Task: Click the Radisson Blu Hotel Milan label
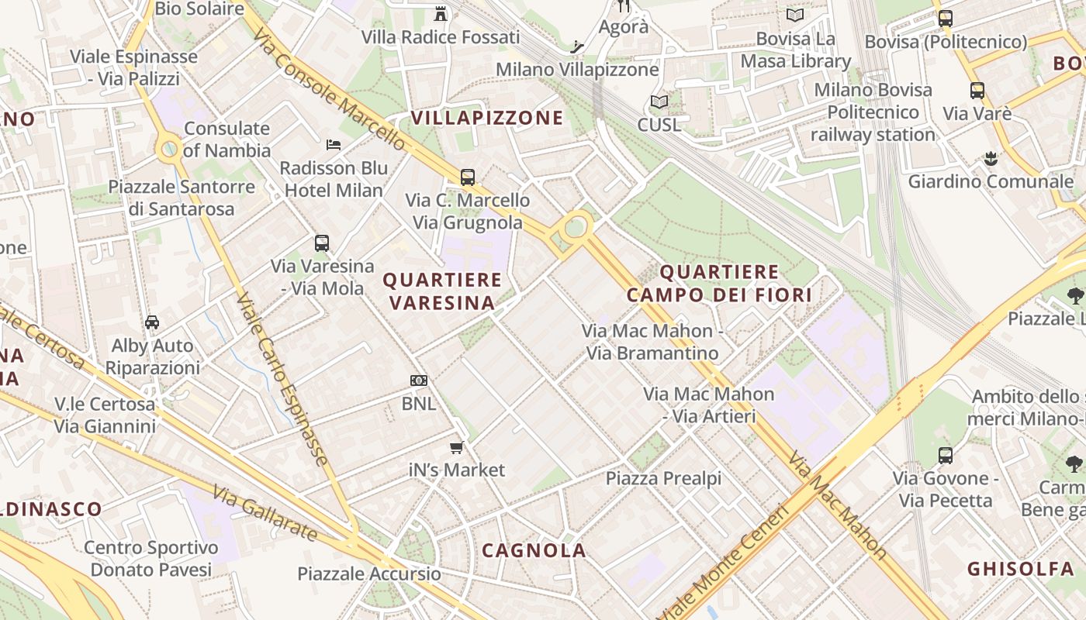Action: [x=334, y=179]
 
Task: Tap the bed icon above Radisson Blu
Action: [x=334, y=145]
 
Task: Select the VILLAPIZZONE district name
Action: [x=487, y=118]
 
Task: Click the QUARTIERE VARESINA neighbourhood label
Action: [x=442, y=291]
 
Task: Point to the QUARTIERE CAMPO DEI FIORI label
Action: [x=719, y=283]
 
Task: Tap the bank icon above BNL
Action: [x=419, y=381]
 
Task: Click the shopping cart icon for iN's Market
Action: [x=457, y=447]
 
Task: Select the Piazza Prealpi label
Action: [x=663, y=478]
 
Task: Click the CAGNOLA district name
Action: [x=534, y=550]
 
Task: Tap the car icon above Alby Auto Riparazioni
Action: [x=152, y=322]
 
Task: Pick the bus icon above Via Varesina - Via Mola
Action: [x=322, y=243]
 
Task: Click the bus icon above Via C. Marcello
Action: [x=468, y=177]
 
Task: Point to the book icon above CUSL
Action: [x=659, y=102]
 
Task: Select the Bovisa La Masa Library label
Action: [x=795, y=50]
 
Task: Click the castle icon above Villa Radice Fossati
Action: [x=441, y=13]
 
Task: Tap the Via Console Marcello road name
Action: [x=329, y=90]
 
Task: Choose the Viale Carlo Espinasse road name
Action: [x=282, y=379]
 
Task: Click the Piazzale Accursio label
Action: [x=369, y=574]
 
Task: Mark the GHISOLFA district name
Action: [x=1020, y=569]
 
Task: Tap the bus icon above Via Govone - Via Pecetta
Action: [x=945, y=455]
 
